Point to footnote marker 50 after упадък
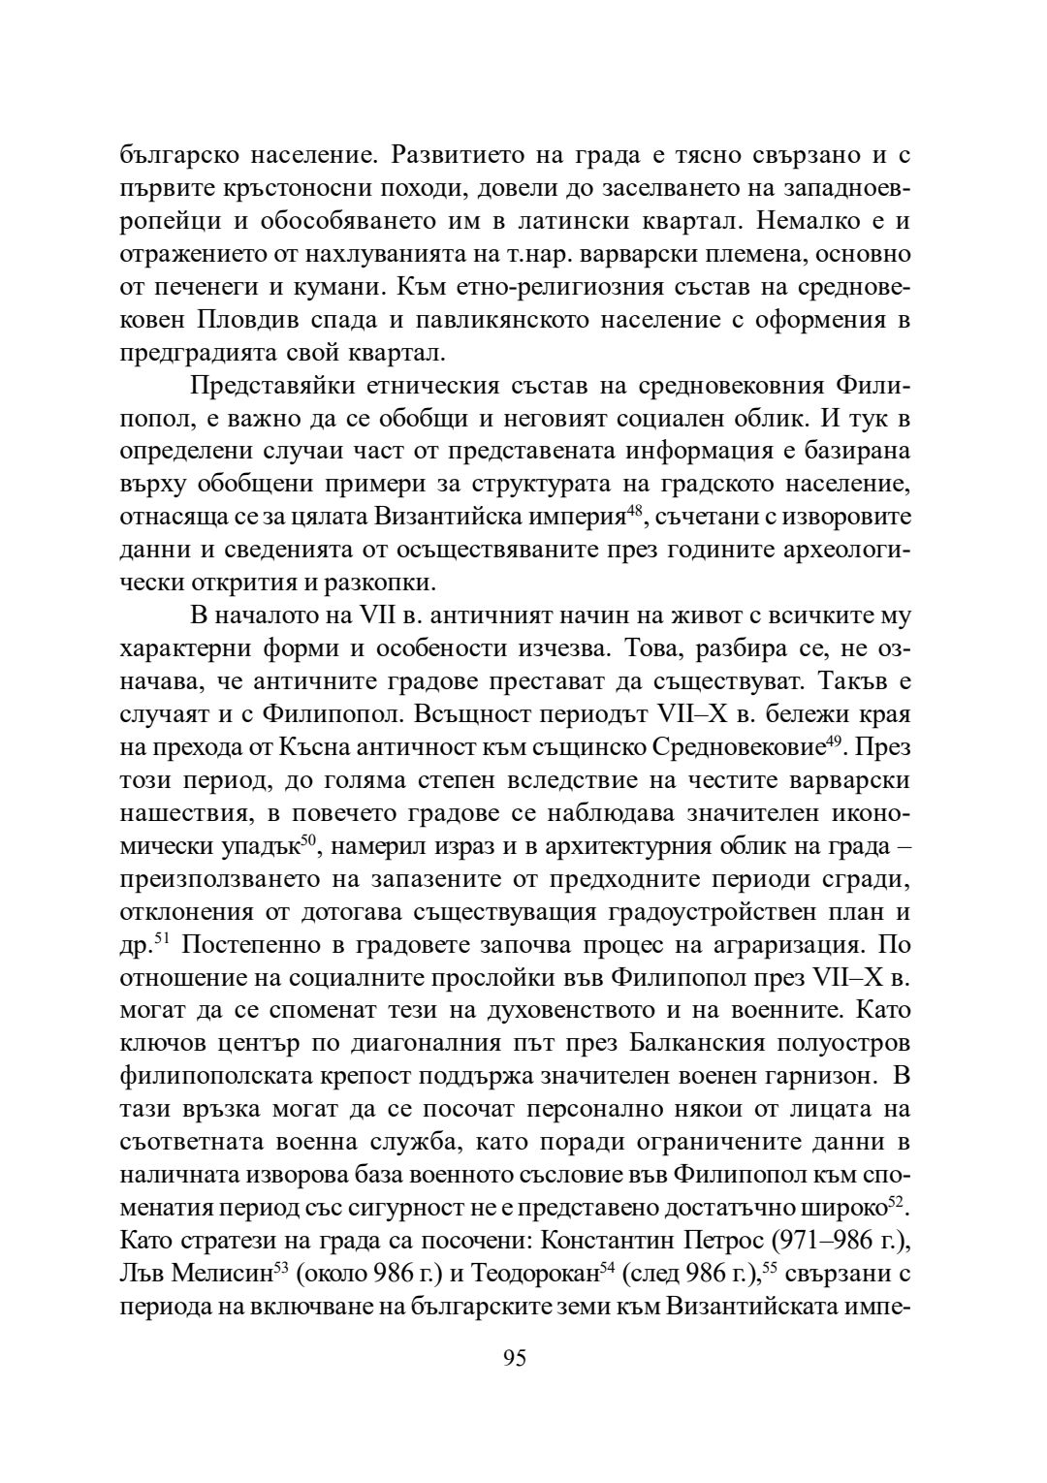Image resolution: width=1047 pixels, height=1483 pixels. click(x=308, y=841)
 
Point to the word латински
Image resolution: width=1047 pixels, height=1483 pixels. click(x=565, y=220)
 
